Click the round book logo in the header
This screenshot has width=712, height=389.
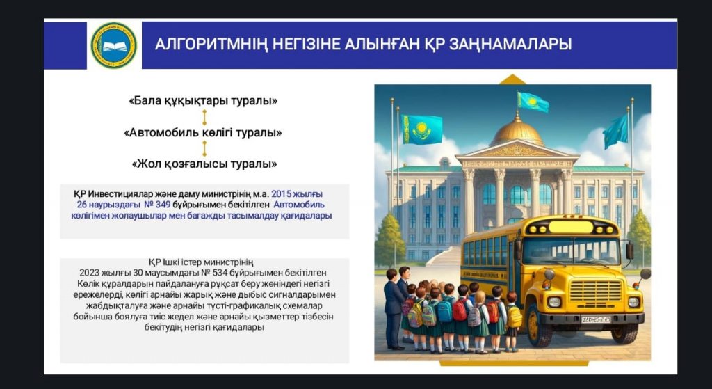click(113, 45)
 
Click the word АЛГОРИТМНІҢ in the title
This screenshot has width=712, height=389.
click(211, 45)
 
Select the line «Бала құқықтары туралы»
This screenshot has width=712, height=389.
click(203, 101)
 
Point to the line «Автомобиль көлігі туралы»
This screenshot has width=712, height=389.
click(203, 133)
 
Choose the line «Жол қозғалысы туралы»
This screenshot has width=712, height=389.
click(204, 164)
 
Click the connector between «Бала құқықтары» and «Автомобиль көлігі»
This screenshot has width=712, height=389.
click(204, 117)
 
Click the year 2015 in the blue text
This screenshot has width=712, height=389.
click(281, 193)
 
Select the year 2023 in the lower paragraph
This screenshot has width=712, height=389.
click(89, 273)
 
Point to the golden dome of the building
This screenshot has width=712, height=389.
click(517, 132)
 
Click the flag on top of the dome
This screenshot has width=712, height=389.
click(533, 102)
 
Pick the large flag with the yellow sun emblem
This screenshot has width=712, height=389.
click(422, 129)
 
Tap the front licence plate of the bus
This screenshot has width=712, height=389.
click(596, 319)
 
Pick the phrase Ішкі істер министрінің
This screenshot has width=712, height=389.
click(206, 262)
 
